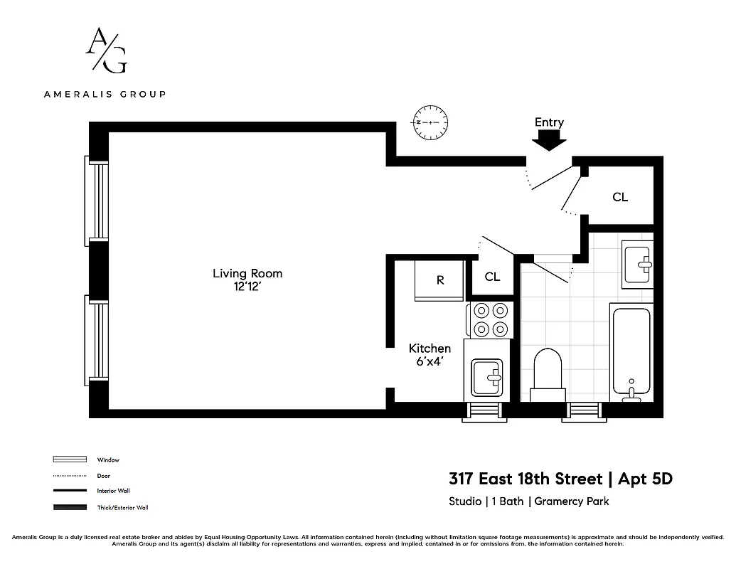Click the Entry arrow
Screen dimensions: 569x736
click(549, 142)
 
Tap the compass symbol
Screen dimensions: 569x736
click(430, 122)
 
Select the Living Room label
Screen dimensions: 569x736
click(247, 279)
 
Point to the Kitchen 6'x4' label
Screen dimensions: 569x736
click(430, 354)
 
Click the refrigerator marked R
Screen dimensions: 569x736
click(439, 280)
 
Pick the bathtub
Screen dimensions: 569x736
click(631, 351)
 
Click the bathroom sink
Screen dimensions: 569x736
click(638, 264)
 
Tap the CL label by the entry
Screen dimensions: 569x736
click(620, 197)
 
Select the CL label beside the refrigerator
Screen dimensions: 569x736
click(492, 277)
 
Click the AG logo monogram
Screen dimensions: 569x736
click(106, 50)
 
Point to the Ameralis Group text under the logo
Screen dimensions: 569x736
click(105, 94)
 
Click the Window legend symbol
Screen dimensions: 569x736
click(70, 459)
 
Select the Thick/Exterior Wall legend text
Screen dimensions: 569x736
click(122, 507)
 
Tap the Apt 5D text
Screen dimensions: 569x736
click(646, 479)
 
